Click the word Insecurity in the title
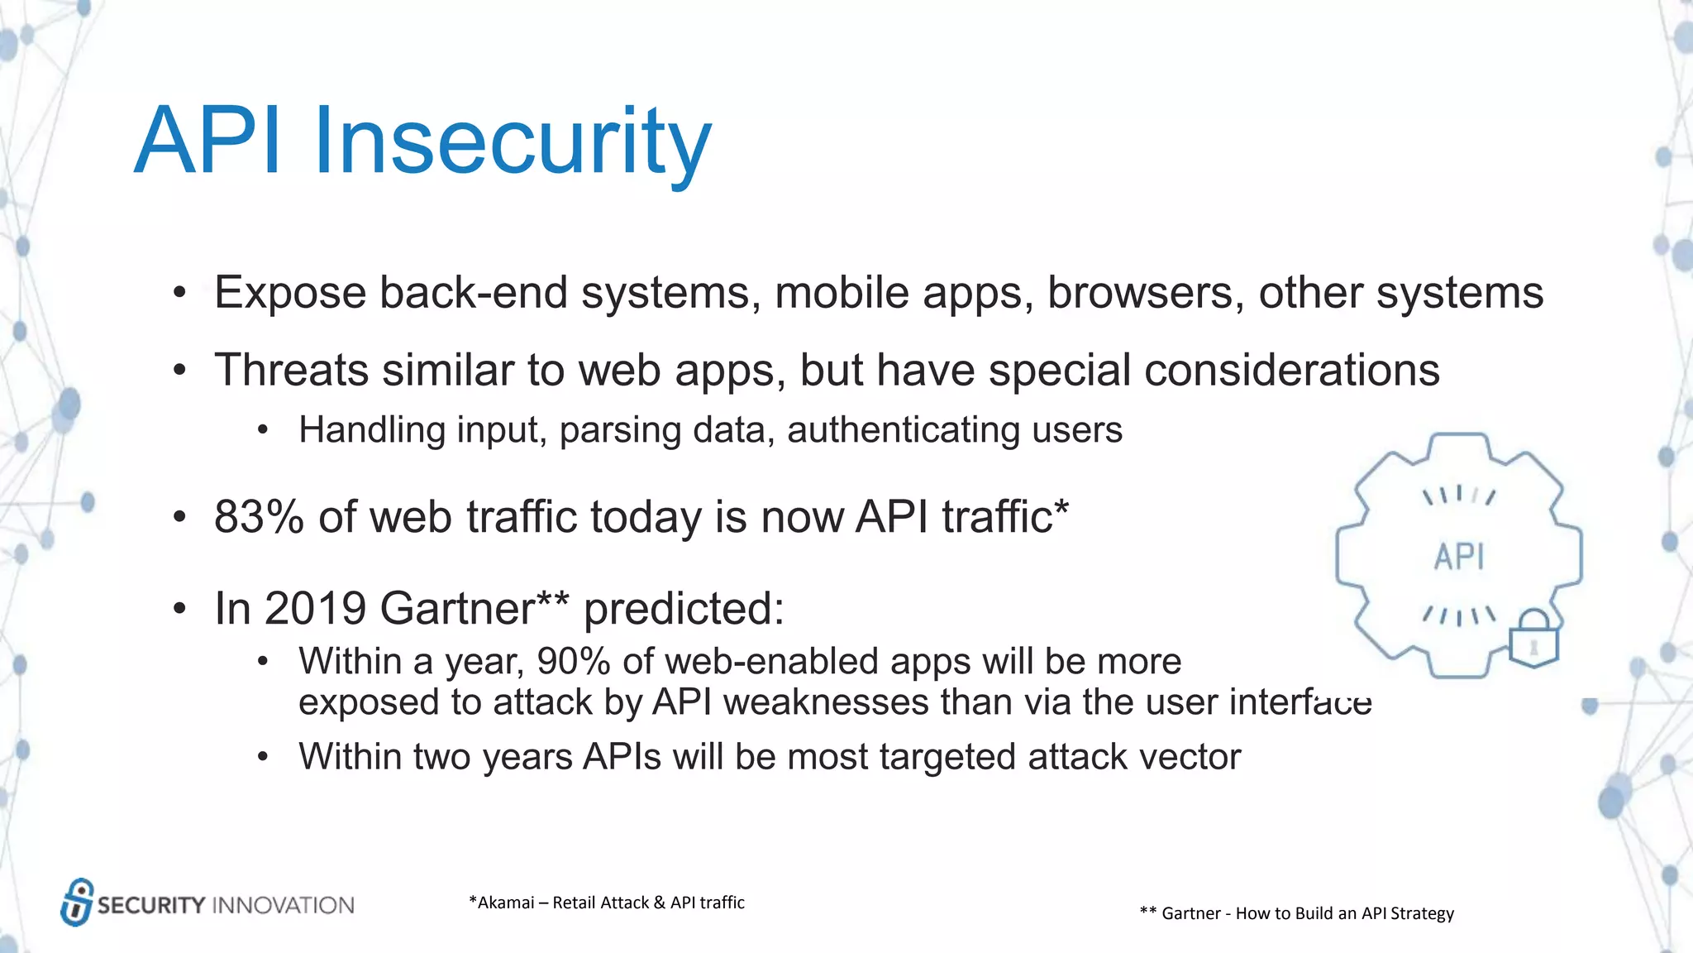click(x=513, y=141)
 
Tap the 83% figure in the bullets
click(x=259, y=517)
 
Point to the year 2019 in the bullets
click(x=315, y=609)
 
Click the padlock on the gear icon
click(x=1534, y=639)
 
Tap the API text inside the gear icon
click(x=1459, y=557)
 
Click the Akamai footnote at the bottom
click(x=606, y=903)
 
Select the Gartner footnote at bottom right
click(x=1296, y=913)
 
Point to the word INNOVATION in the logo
click(x=284, y=905)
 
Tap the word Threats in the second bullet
click(x=291, y=370)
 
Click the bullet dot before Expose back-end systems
click(x=179, y=294)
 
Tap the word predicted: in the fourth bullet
click(x=684, y=609)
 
